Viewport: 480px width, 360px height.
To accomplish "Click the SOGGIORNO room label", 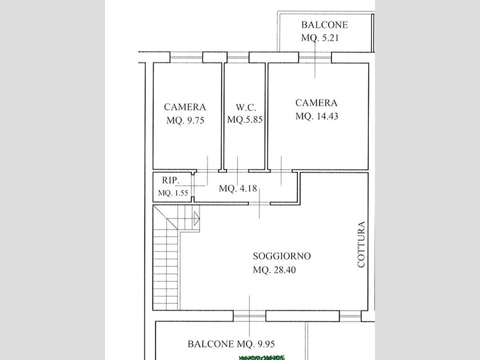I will coord(282,256).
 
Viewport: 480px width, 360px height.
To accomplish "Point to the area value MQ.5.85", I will coord(245,120).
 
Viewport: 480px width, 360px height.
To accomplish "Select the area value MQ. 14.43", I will coord(316,116).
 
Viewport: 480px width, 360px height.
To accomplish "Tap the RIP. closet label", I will coord(171,181).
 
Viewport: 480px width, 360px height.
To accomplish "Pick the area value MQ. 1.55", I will coord(172,193).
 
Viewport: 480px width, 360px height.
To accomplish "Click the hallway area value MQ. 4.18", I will coord(238,189).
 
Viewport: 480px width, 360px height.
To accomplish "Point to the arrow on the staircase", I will coord(196,217).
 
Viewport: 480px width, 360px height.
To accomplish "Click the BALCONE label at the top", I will coord(324,25).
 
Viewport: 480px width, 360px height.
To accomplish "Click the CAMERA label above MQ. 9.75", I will coord(185,106).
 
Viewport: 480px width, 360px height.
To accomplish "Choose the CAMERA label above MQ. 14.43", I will coord(316,103).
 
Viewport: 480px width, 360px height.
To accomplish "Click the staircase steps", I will coord(166,259).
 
